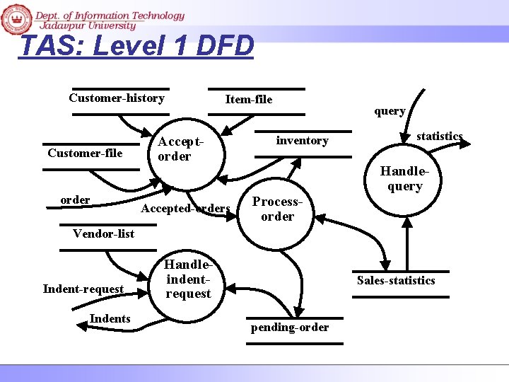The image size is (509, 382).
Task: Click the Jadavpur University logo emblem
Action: click(17, 19)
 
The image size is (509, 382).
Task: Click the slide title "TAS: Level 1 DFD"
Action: click(136, 46)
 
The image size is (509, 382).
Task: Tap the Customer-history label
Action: click(117, 98)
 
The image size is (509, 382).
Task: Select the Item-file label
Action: click(248, 99)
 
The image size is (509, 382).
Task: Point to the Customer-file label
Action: click(85, 153)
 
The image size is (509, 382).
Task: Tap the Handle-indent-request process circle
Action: click(187, 279)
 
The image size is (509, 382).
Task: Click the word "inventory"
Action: click(302, 140)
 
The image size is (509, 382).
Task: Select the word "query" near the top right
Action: click(390, 110)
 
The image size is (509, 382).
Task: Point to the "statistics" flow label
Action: click(439, 136)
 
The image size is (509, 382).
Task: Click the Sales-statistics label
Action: click(396, 280)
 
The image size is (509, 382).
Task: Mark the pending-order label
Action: click(290, 327)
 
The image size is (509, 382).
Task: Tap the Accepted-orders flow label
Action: click(186, 208)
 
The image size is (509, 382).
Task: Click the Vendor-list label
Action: click(104, 233)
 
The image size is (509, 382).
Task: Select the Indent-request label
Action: click(83, 289)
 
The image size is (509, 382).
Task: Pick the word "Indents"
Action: click(110, 318)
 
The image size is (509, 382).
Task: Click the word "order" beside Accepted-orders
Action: click(75, 199)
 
